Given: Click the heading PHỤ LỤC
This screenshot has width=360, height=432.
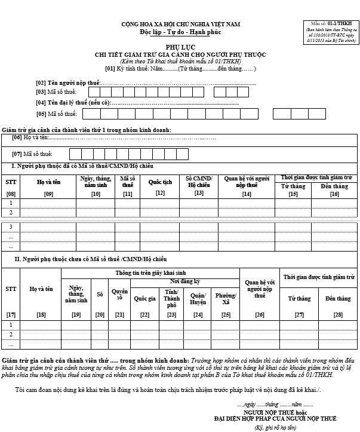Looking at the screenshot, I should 180,46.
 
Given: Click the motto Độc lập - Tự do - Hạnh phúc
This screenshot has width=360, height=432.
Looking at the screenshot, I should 180,32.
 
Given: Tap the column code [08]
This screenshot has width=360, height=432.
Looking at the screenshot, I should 11,194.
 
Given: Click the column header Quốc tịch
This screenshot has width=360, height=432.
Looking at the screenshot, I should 160,181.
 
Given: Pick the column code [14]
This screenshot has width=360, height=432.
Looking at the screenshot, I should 247,194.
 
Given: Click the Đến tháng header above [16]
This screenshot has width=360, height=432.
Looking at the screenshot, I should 334,186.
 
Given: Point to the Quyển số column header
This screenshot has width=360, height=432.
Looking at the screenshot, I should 120,294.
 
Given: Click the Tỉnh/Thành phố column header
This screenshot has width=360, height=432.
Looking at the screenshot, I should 172,298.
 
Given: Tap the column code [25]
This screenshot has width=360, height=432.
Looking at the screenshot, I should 226,314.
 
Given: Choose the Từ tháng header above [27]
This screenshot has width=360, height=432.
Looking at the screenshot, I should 299,298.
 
